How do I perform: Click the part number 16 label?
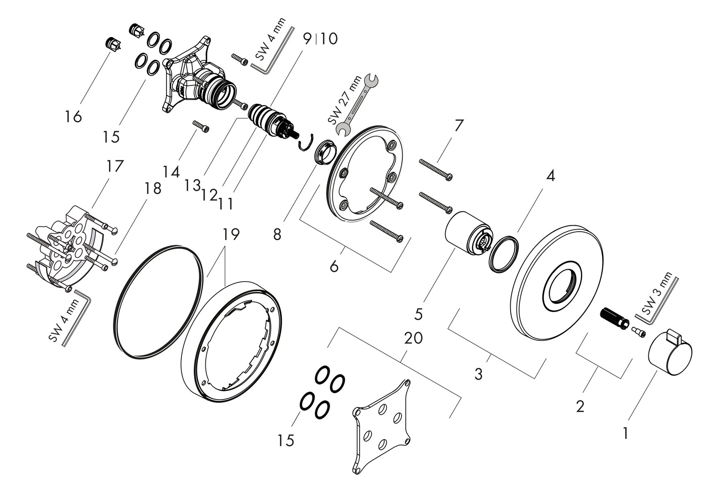pos(74,116)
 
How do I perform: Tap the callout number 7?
pos(459,126)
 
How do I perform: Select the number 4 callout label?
pos(550,176)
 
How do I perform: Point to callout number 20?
pos(413,338)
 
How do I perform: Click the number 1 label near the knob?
pos(625,433)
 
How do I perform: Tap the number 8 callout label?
pos(277,235)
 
